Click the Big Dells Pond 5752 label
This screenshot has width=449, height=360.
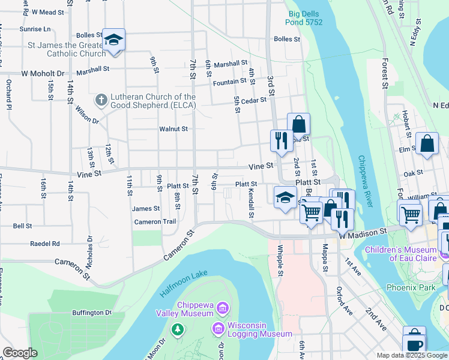(305, 17)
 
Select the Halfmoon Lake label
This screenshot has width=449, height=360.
(184, 283)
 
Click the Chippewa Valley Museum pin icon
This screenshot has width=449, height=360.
(223, 308)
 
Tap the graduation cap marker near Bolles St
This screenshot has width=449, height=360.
(113, 40)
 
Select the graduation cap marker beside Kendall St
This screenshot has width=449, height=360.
(285, 197)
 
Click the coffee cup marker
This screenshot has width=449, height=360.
(414, 343)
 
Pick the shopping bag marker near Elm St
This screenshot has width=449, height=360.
(427, 144)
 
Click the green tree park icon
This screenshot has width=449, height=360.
(177, 329)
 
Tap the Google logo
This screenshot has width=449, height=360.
(20, 353)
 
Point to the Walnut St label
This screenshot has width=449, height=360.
(173, 129)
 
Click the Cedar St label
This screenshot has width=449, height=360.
(254, 100)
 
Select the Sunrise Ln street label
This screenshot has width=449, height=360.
(34, 29)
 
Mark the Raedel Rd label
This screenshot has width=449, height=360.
(45, 244)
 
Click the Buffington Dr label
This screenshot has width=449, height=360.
(92, 313)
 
